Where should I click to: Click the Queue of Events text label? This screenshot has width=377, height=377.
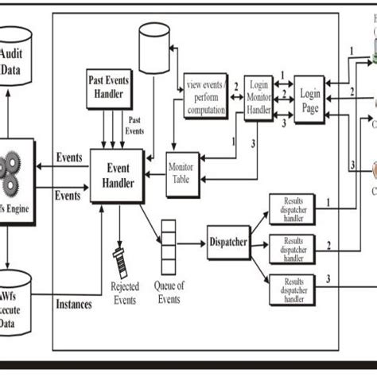169,293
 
